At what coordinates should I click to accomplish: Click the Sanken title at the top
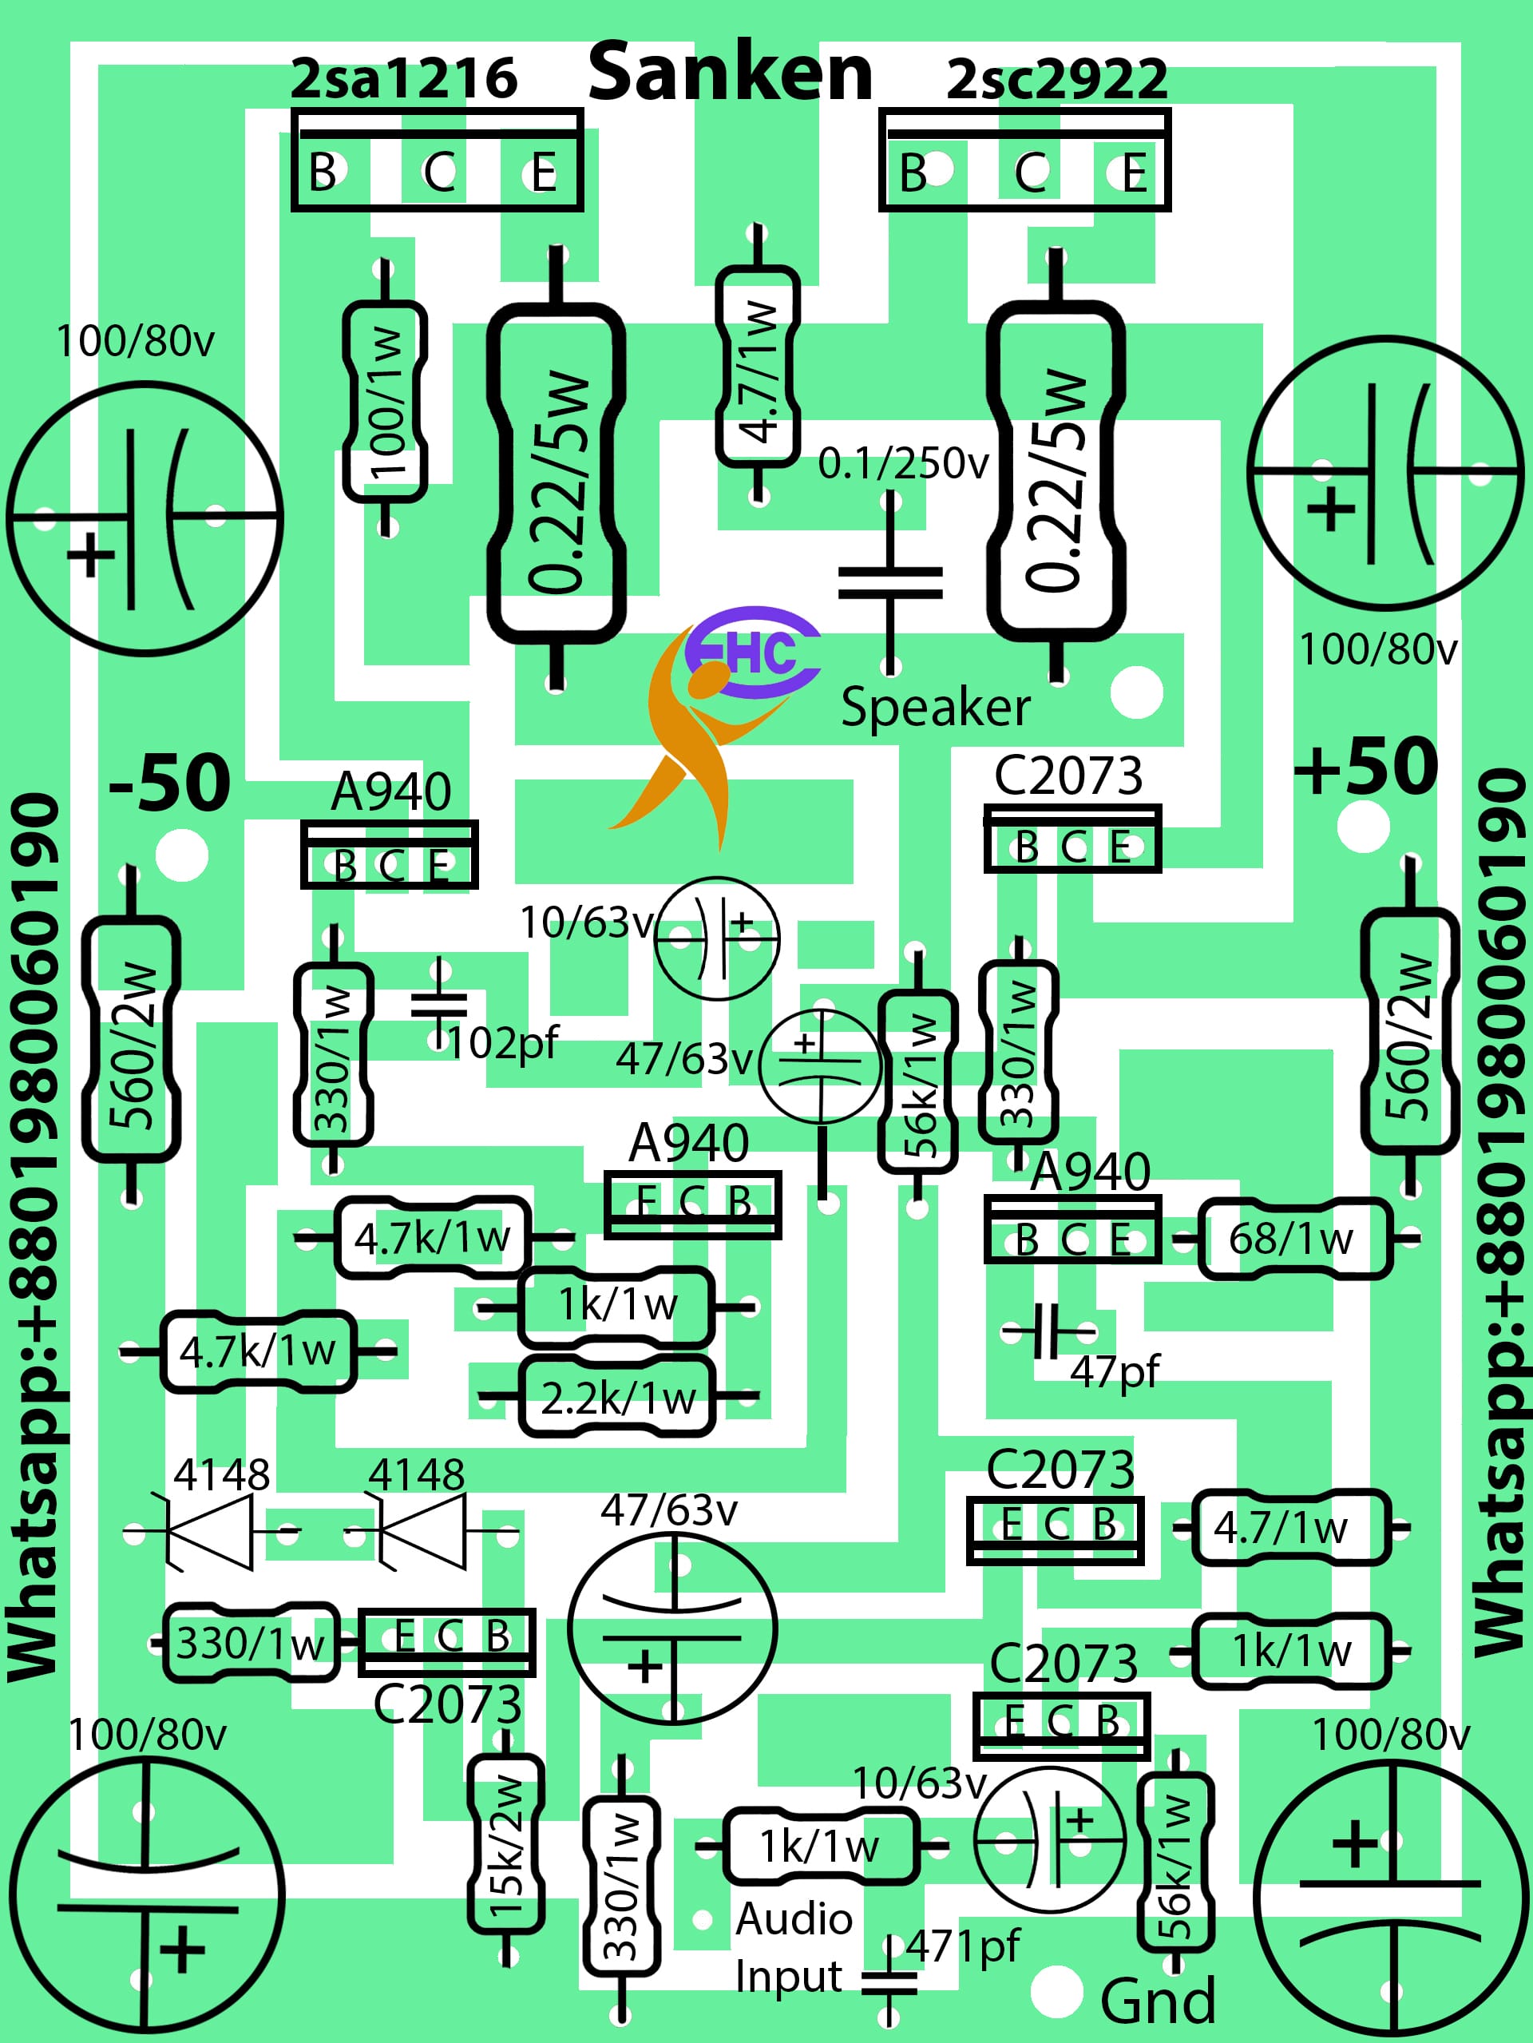[x=730, y=74]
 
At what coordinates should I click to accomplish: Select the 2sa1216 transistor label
[x=403, y=79]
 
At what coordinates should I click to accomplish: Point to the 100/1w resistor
[x=385, y=402]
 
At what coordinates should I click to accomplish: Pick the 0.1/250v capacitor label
[x=902, y=465]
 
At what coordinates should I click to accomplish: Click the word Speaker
[x=935, y=708]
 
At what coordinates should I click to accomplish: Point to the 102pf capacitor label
[x=503, y=1044]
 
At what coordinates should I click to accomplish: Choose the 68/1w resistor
[x=1292, y=1239]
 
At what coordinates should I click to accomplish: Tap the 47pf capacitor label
[x=1114, y=1372]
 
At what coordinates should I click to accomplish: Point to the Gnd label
[x=1157, y=2001]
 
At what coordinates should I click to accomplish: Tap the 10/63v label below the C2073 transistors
[x=919, y=1784]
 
